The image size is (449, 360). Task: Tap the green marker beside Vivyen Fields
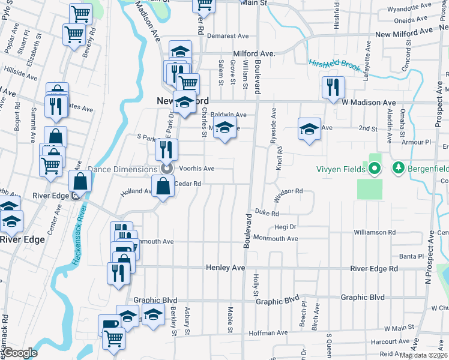tap(375, 169)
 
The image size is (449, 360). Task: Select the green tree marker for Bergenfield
tap(397, 169)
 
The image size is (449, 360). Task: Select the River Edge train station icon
tap(76, 195)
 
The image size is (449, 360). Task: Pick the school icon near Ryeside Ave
tap(309, 129)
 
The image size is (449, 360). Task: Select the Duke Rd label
tap(267, 213)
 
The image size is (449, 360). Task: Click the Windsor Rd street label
tap(290, 191)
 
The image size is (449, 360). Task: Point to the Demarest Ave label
tap(228, 36)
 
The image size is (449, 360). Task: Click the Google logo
tap(20, 352)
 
